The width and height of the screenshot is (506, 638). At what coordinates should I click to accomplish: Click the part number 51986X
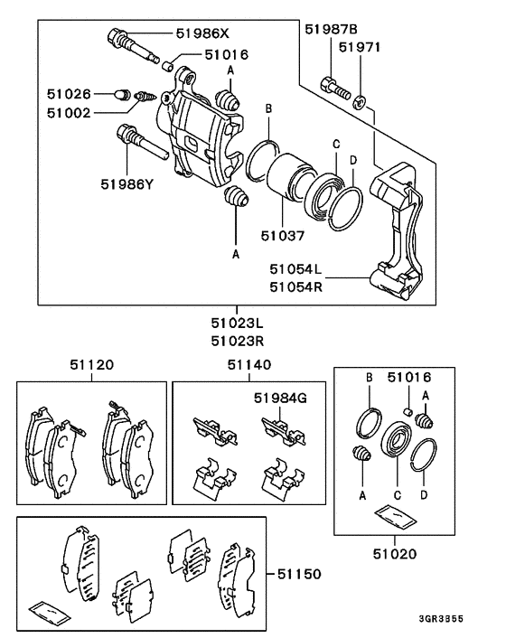(x=202, y=33)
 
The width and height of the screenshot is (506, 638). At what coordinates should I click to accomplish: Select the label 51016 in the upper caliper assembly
(x=226, y=54)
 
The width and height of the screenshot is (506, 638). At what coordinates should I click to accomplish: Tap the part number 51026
(x=69, y=94)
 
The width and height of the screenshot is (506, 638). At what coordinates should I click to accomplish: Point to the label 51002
(x=69, y=113)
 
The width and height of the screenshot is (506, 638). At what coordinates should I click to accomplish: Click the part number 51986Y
(x=127, y=184)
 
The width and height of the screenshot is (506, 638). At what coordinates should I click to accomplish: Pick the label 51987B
(x=331, y=29)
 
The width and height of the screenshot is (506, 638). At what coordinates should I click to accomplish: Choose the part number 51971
(x=360, y=47)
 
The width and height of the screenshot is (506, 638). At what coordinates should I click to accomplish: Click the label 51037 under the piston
(x=282, y=236)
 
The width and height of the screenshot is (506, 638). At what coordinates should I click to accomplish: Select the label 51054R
(x=295, y=287)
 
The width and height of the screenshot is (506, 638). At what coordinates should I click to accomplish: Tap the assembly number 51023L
(x=237, y=324)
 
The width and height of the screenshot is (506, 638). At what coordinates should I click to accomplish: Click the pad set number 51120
(x=91, y=364)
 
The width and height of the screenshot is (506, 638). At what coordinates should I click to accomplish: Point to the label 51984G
(x=280, y=398)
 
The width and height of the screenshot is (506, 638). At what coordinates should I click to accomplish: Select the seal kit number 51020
(x=395, y=554)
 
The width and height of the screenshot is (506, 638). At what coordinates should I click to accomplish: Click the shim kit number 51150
(x=299, y=574)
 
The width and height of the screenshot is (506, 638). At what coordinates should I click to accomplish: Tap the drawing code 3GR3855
(x=441, y=619)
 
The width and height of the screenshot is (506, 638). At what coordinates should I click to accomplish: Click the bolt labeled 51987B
(x=335, y=89)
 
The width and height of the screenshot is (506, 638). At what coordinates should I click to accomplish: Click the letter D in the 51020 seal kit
(x=424, y=495)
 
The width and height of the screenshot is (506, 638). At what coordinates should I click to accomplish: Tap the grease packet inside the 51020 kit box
(x=396, y=518)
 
